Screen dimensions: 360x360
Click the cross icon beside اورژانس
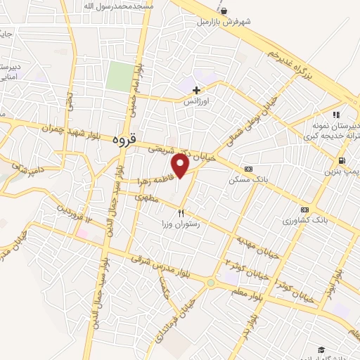click(x=196, y=89)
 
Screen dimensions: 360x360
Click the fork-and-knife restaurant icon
click(x=181, y=212)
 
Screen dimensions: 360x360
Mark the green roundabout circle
click(x=211, y=283)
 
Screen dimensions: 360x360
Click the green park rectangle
click(x=120, y=76)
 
